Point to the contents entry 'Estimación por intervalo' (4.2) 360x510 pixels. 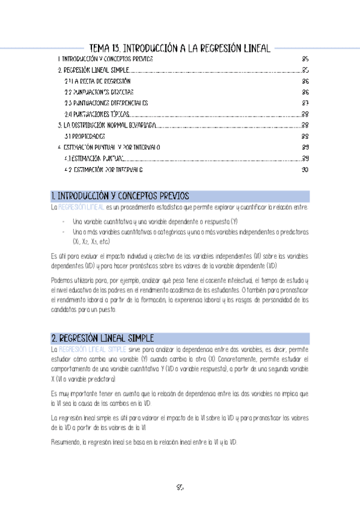point(103,170)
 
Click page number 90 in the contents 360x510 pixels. point(305,170)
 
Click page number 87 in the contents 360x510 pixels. point(305,103)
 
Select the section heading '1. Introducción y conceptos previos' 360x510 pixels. point(120,196)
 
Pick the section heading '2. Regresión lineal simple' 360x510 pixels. point(103,338)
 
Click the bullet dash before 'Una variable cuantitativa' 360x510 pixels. point(64,221)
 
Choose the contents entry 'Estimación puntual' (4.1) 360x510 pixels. point(95,159)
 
